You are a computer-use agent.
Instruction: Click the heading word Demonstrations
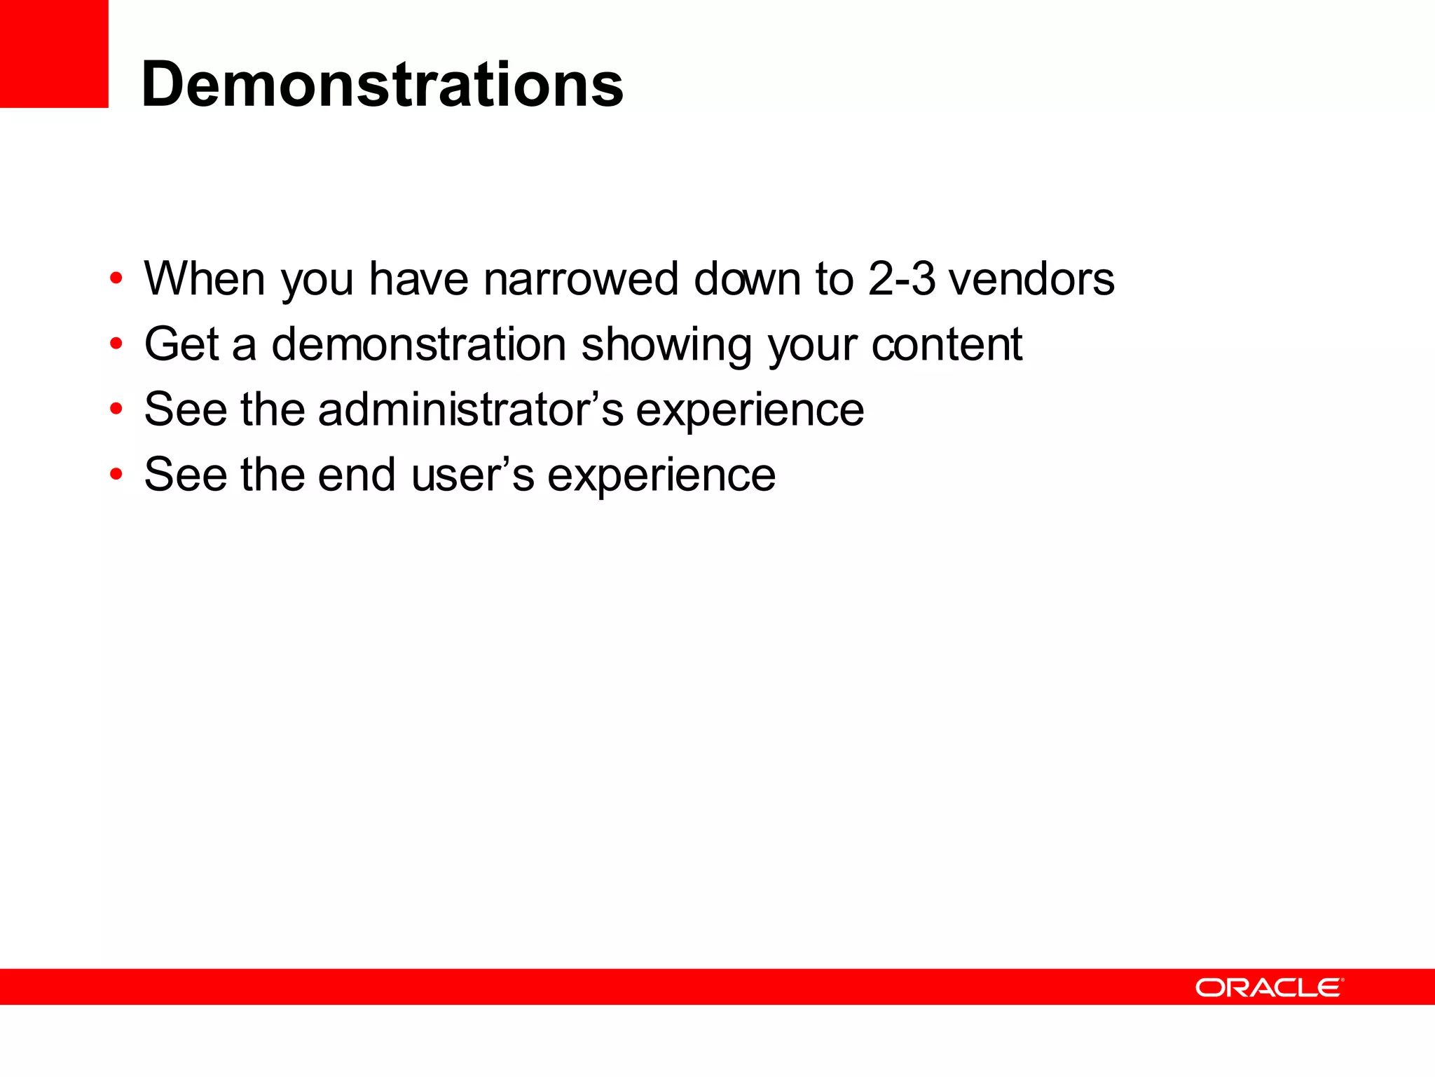coord(382,84)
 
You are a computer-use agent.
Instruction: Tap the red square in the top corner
coord(54,53)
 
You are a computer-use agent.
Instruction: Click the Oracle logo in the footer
coord(1269,987)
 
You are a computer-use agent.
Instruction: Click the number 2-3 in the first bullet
coord(901,279)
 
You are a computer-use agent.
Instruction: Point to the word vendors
coord(1031,279)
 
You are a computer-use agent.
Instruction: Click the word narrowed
coord(581,279)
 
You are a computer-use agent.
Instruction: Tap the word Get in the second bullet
coord(181,344)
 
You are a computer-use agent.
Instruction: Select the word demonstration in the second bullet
coord(418,344)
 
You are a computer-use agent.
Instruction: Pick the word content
coord(947,344)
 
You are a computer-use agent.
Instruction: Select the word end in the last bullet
coord(357,475)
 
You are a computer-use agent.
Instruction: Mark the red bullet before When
coord(116,279)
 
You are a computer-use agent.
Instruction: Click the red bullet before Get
coord(116,344)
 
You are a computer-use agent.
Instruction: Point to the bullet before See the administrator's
coord(116,409)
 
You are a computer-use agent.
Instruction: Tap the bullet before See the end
coord(116,475)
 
